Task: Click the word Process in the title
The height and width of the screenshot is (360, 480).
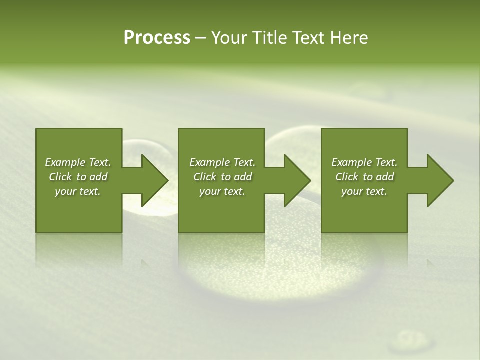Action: point(157,38)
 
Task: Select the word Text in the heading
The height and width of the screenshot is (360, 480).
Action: point(308,38)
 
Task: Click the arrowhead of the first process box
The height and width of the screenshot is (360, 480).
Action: point(152,180)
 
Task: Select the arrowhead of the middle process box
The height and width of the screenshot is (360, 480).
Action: point(294,180)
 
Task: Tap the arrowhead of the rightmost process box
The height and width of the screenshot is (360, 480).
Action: point(437,180)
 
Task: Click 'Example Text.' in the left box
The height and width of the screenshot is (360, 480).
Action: point(78,162)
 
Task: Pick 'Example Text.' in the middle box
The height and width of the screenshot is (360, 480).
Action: point(222,162)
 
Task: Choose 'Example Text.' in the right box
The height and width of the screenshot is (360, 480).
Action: point(364,162)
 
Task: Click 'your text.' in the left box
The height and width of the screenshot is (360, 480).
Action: point(78,191)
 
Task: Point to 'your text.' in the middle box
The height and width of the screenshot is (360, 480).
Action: point(222,191)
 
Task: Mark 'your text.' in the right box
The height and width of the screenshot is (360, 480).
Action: point(364,191)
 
